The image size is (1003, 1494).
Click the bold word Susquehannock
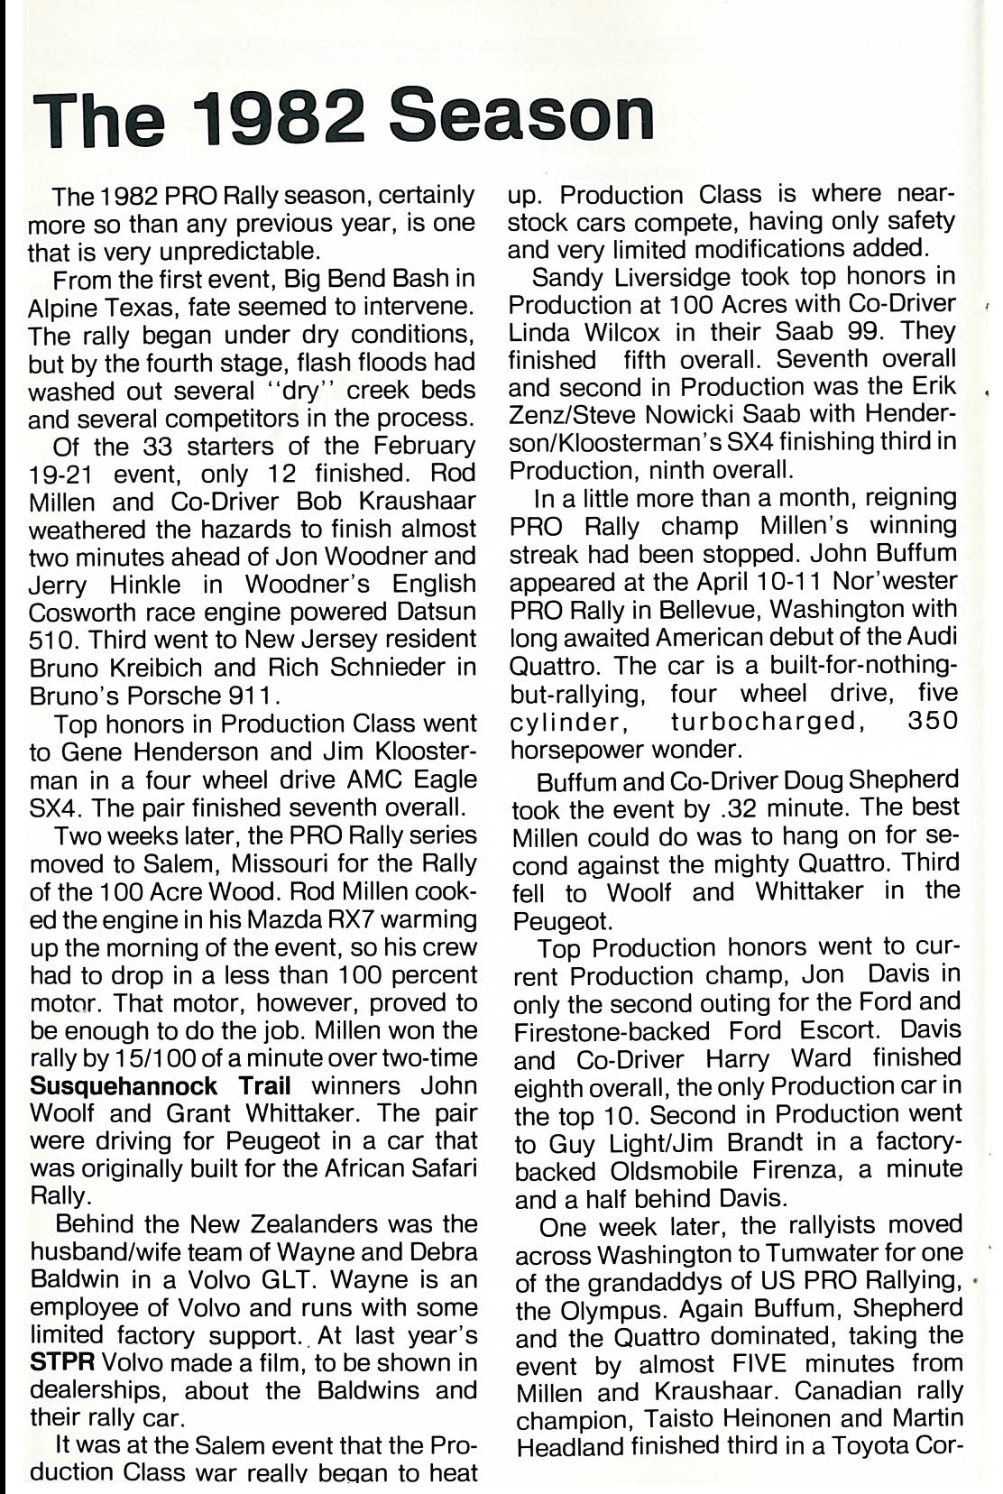(x=124, y=1085)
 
